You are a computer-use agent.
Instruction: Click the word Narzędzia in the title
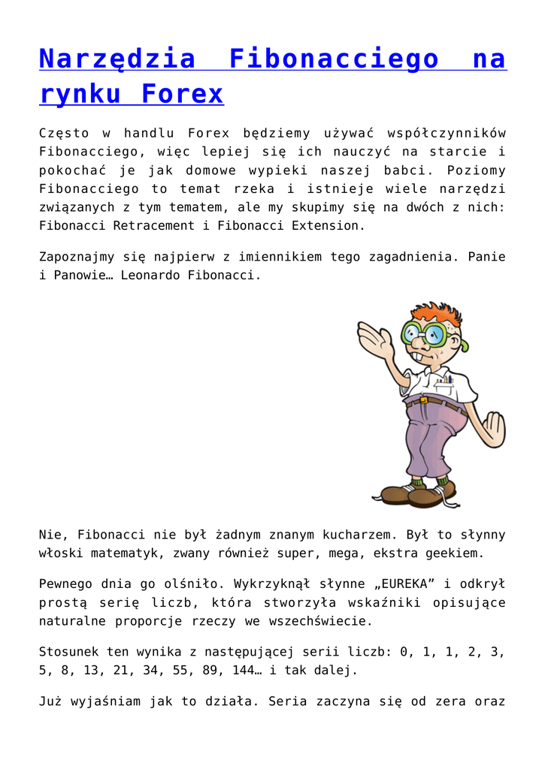pos(117,59)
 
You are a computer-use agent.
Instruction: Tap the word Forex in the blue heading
pos(182,94)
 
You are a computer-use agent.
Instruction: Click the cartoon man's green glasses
pos(425,332)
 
